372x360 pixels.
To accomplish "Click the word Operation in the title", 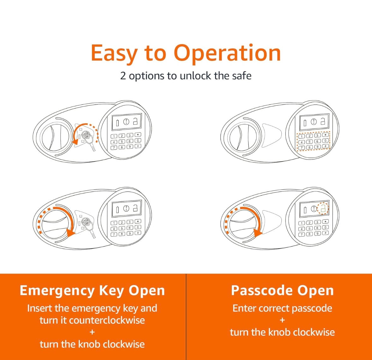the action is [x=227, y=53].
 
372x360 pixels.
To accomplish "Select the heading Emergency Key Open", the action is [x=92, y=291].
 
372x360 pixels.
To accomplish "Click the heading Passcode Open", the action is [x=282, y=290].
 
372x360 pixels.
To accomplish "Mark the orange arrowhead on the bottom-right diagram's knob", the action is [x=258, y=233].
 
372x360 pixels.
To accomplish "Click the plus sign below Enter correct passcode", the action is [x=282, y=320].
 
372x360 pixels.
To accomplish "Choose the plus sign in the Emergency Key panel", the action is [x=92, y=332].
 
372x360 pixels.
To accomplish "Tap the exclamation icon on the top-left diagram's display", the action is [x=126, y=122].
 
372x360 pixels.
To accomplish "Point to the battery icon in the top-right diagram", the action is [x=305, y=123].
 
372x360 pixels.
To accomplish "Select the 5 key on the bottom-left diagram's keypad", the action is [x=122, y=228].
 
